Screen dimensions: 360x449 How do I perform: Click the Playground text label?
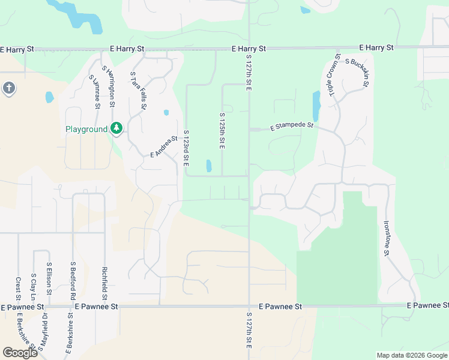coord(86,129)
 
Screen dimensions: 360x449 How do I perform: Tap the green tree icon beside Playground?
coord(116,128)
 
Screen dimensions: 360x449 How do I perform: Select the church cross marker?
coord(8,89)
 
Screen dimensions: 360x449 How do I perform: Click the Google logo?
coord(20,353)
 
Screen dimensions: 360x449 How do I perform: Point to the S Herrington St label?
coord(109,88)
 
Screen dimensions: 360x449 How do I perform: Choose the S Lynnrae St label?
coord(94,92)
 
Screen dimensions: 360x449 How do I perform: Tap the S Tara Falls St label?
coord(139,91)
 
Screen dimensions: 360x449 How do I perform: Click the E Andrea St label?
coord(164,146)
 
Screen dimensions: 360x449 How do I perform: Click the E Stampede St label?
coord(292,127)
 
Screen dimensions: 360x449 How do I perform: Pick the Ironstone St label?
coord(385,238)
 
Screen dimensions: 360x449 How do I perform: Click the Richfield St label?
coord(104,283)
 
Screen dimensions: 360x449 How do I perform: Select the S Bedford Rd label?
coord(73,280)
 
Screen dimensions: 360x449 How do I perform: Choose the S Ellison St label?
coord(49,280)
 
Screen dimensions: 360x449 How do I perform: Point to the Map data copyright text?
coord(411,355)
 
